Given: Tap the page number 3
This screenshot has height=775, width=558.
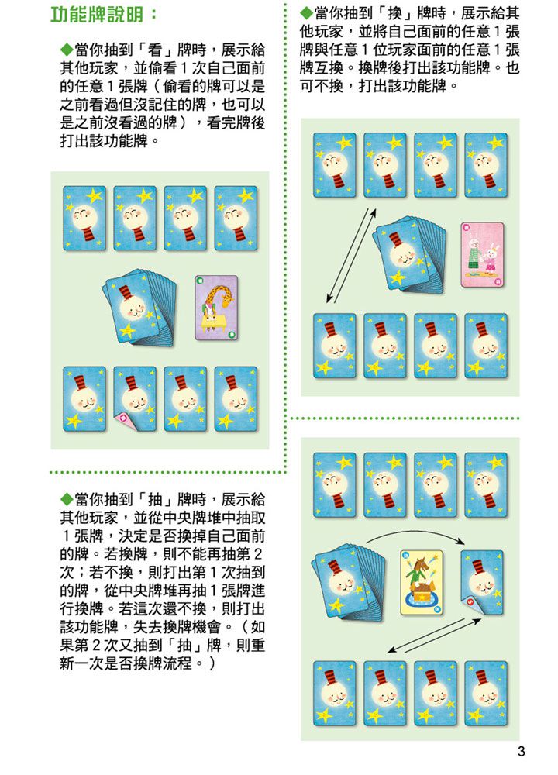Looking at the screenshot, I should (x=521, y=751).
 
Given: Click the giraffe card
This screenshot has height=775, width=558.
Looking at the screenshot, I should (x=216, y=307).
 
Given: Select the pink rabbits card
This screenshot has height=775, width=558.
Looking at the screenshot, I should (x=482, y=254).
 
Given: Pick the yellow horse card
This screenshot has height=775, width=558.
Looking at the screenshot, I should (x=421, y=581).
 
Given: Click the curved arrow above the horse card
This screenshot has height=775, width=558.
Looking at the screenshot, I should (x=415, y=537).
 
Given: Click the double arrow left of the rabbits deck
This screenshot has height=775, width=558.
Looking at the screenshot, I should (x=350, y=256).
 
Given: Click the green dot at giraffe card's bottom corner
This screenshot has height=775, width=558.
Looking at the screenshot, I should (x=232, y=335).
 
